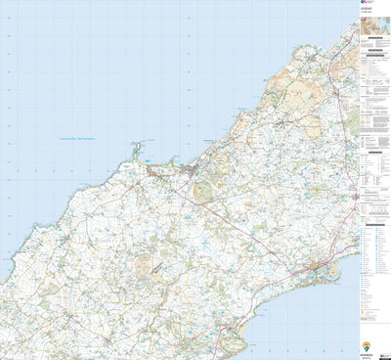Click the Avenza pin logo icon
click(366, 346)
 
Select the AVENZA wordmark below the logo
click(366, 354)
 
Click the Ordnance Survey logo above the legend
click(365, 5)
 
